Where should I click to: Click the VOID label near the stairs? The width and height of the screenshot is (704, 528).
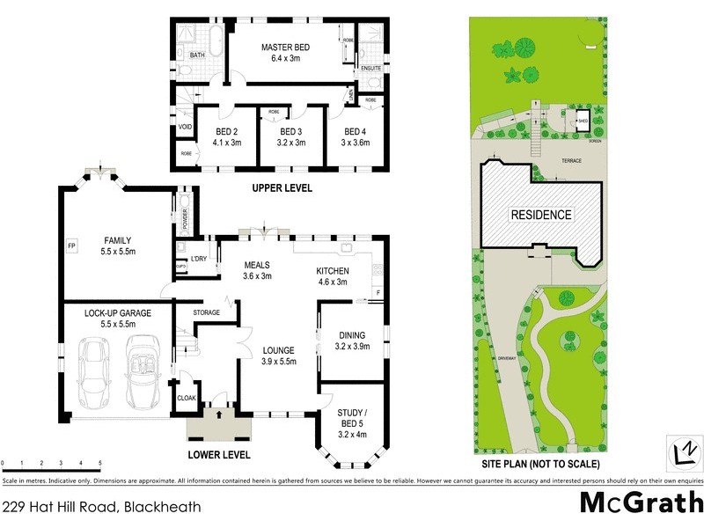186,127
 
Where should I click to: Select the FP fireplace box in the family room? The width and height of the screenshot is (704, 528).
71,246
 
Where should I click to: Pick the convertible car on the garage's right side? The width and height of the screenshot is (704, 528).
141,375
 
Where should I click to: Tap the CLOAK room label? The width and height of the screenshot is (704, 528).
187,398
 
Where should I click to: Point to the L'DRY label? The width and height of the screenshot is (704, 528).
198,259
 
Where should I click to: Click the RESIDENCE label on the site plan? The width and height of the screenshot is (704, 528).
541,215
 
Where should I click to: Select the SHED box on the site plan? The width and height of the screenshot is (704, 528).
582,121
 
